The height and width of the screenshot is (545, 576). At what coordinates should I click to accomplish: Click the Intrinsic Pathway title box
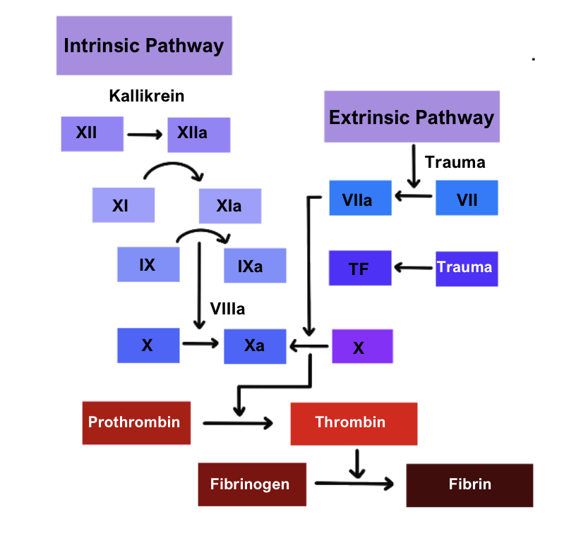pos(144,46)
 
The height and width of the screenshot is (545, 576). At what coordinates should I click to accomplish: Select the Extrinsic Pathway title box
pos(412,117)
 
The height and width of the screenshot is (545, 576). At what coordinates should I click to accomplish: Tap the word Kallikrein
pos(146,96)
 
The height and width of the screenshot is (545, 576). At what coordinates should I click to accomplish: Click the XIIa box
pos(198,134)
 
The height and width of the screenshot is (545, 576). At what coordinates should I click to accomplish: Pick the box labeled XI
pos(123,206)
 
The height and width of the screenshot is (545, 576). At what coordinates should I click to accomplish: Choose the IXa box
pos(255,266)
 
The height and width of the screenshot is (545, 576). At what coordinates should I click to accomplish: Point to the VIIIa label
pos(227,308)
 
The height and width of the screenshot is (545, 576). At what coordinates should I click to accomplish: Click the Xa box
pos(255,346)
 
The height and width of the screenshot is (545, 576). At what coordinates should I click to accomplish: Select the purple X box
pos(361,347)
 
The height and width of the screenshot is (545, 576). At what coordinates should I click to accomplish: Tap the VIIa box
pos(360,198)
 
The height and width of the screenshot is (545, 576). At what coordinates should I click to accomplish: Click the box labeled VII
pos(467,198)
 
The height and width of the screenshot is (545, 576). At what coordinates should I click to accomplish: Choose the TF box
pos(360,268)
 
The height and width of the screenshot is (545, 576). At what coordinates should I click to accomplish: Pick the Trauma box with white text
pos(467,268)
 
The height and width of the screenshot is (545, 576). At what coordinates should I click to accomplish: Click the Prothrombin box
pos(136,422)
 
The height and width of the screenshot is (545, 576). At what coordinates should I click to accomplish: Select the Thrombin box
pos(353,422)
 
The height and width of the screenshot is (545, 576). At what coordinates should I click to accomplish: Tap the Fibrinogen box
pos(252,484)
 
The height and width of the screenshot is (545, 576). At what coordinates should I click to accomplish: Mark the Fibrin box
pos(469,484)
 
